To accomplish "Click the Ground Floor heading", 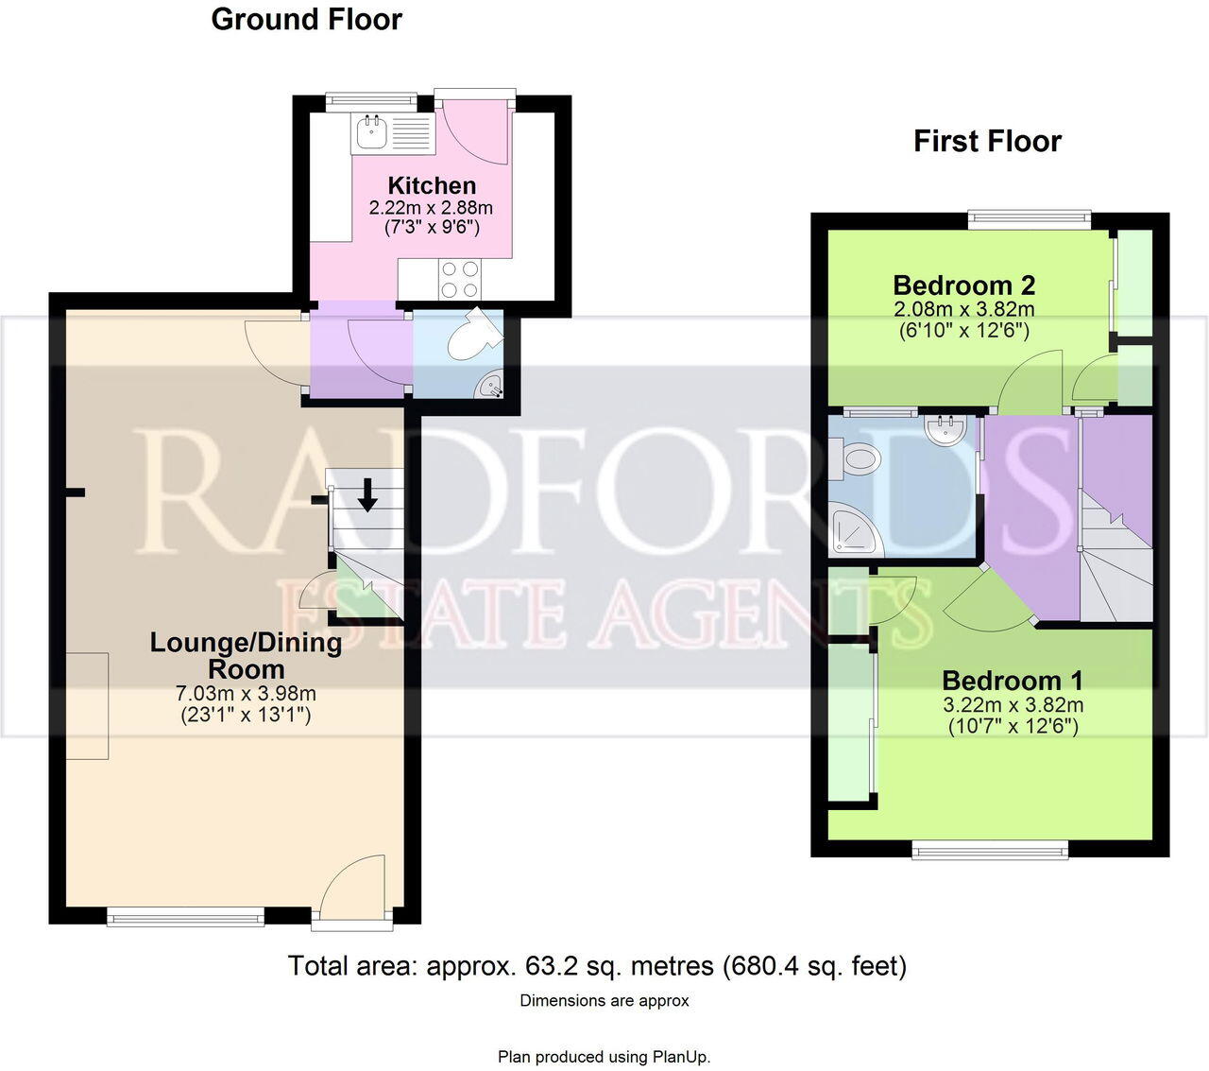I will click(x=306, y=20).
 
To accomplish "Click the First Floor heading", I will click(x=987, y=142).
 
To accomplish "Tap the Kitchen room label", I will click(x=432, y=185).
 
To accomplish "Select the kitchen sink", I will click(x=370, y=132).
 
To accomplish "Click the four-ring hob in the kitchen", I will click(x=459, y=279).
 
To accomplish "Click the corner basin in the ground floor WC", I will click(x=491, y=384).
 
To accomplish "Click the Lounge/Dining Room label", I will click(x=246, y=655).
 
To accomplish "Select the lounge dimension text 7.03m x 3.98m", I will click(x=246, y=694).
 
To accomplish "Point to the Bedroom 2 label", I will click(x=963, y=285).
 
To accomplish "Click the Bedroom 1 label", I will click(x=1013, y=681).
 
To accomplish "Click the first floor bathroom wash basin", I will click(x=945, y=431).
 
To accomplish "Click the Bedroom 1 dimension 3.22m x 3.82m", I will click(x=1013, y=705).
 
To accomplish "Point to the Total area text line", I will click(x=597, y=966).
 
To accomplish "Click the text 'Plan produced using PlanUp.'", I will click(x=604, y=1057).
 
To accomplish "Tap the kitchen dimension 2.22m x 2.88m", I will click(x=431, y=207).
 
